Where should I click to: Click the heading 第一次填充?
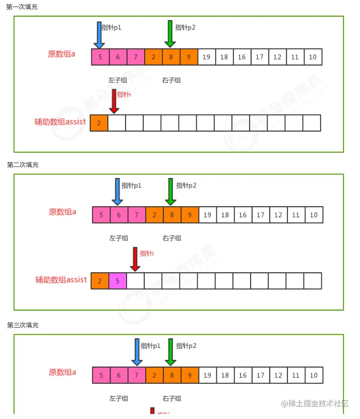(x=22, y=7)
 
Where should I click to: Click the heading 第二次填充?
(x=23, y=165)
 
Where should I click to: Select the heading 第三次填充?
(x=23, y=325)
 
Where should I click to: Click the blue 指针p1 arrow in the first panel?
(x=99, y=34)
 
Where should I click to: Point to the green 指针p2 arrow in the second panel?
(x=170, y=192)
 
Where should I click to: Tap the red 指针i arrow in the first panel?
(x=114, y=101)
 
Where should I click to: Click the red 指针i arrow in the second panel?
(x=135, y=259)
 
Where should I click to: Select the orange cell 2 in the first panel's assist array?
(x=99, y=123)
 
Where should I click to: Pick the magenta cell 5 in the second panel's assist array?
(x=117, y=281)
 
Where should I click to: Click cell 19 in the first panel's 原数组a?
(x=206, y=57)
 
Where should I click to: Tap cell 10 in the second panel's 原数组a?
(x=314, y=215)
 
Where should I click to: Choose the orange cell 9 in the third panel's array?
(x=189, y=375)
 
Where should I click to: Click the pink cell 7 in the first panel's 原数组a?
(x=136, y=57)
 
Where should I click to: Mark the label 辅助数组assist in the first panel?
(x=60, y=122)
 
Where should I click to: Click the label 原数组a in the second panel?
(x=63, y=212)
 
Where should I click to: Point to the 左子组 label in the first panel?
(x=117, y=80)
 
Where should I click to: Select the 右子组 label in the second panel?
(x=172, y=238)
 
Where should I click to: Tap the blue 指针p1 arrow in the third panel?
(x=137, y=352)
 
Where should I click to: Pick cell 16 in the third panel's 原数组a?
(x=243, y=375)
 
